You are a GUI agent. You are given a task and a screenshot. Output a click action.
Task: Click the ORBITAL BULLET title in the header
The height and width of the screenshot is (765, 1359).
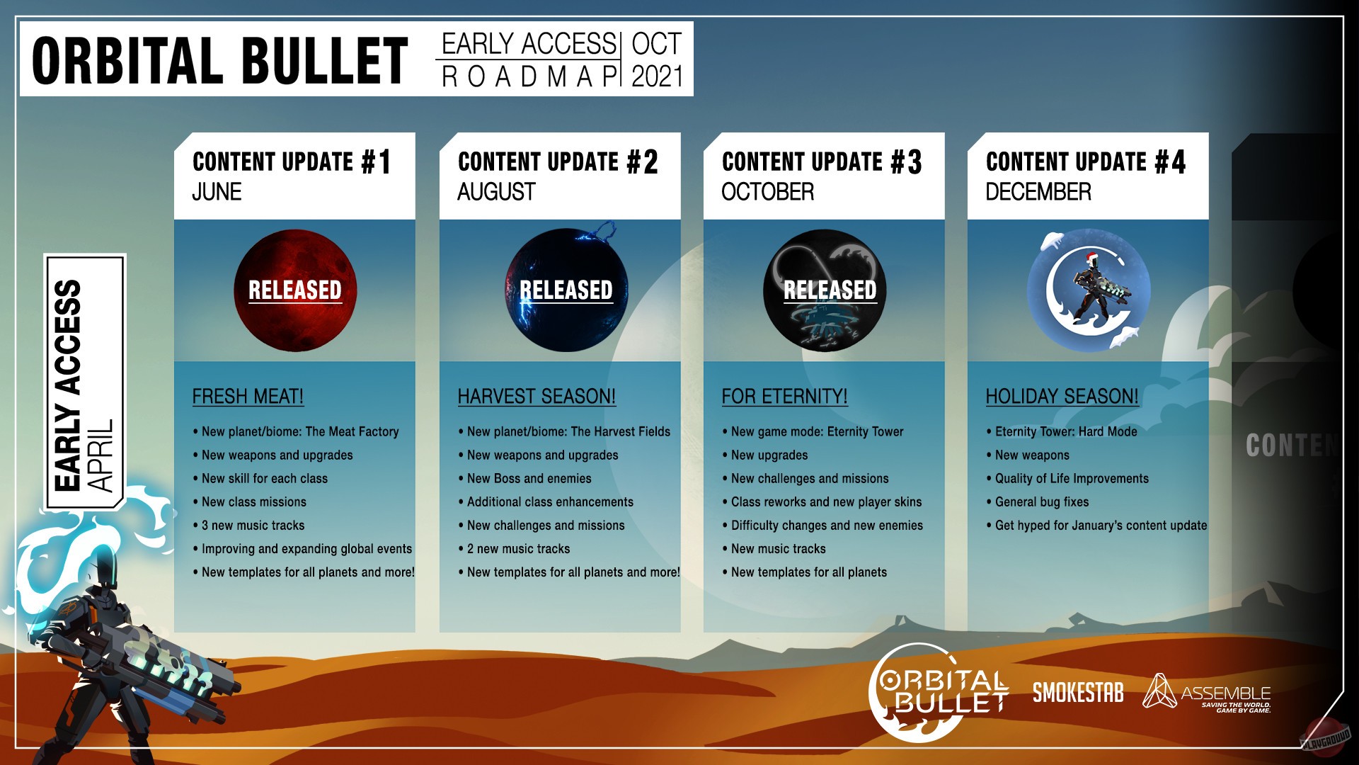tap(220, 60)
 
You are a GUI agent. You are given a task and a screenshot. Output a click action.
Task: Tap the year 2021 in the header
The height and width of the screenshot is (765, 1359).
tap(657, 76)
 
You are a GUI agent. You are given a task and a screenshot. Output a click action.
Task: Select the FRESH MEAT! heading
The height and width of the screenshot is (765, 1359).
tap(248, 396)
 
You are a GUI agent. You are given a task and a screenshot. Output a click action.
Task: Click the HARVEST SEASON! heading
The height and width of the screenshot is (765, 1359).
tap(537, 396)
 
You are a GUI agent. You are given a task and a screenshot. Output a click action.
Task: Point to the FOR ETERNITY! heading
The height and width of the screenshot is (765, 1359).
tap(784, 396)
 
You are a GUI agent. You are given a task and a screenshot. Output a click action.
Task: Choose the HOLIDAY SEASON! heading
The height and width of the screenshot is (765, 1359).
tap(1062, 396)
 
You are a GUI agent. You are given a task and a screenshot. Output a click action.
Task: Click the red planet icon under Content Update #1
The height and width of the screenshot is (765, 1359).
tap(295, 290)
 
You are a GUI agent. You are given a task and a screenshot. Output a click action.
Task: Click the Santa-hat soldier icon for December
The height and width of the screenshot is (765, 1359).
tap(1089, 290)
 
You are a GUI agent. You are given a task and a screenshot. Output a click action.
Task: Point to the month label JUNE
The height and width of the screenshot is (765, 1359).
tap(217, 192)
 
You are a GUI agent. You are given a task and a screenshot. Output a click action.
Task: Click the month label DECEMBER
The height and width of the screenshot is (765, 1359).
tap(1038, 192)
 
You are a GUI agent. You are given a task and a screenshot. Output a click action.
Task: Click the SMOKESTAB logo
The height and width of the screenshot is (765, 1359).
tap(1078, 693)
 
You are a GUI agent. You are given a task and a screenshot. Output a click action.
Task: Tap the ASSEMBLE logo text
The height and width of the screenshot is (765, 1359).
tap(1226, 693)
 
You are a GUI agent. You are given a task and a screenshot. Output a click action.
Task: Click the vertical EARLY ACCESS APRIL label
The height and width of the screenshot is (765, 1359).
tap(84, 382)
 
